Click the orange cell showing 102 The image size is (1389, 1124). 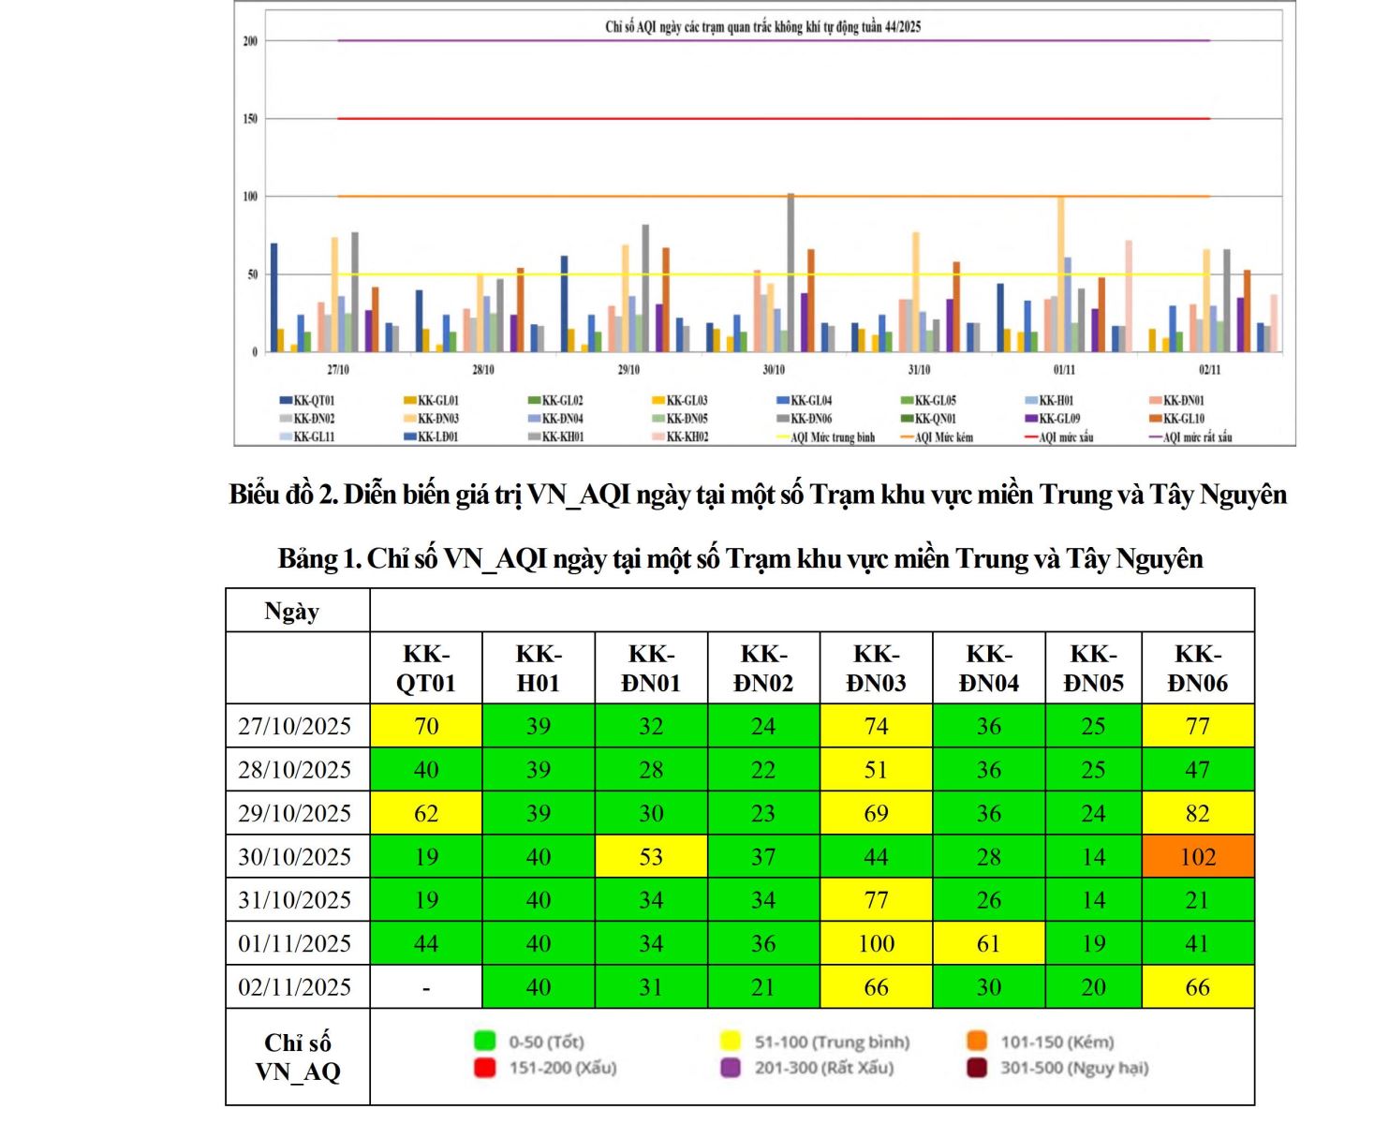[1197, 856]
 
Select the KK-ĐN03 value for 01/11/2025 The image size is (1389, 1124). [876, 943]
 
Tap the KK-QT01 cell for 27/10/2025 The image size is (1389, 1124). [426, 726]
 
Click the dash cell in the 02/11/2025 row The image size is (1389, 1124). [426, 987]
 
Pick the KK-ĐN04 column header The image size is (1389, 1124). [988, 668]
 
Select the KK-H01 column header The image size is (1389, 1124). [538, 668]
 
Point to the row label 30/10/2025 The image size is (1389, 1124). [295, 856]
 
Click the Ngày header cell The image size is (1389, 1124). [292, 612]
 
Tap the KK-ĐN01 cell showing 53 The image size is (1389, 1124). [651, 856]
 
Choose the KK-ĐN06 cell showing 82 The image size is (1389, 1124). [1197, 813]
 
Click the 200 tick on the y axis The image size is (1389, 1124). [250, 41]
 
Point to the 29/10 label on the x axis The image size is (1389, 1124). [628, 370]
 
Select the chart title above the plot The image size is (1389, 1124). [762, 26]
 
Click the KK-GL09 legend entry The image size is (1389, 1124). [1058, 419]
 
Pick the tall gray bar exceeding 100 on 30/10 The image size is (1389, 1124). [791, 272]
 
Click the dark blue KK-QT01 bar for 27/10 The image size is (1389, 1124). [273, 297]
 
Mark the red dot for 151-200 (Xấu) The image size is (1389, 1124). [484, 1068]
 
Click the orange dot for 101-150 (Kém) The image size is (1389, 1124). [977, 1042]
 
